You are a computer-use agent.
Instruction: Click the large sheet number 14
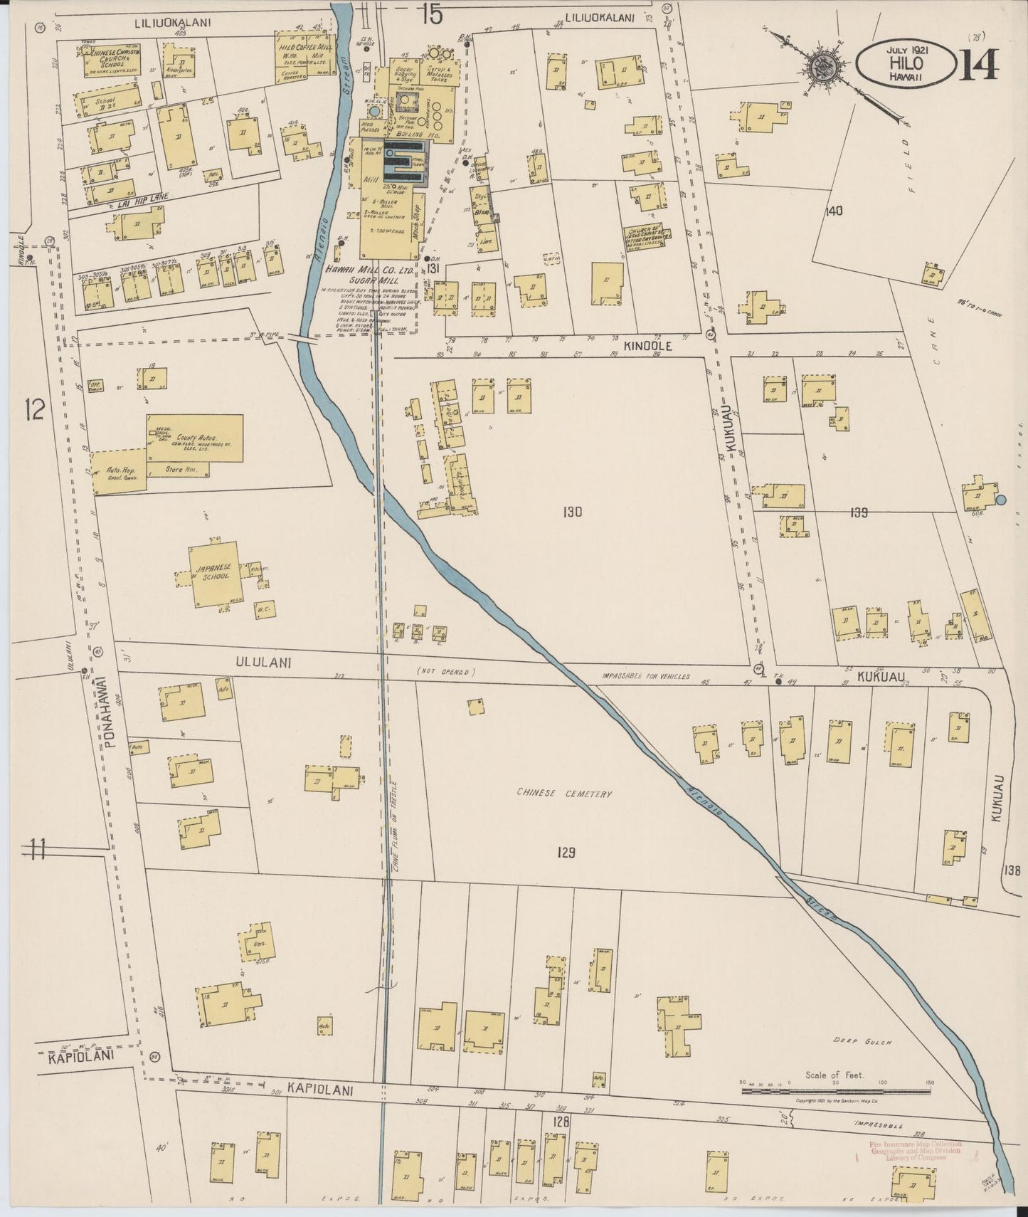click(x=980, y=64)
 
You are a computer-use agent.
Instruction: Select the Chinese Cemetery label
click(x=565, y=794)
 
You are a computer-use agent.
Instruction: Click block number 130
click(x=572, y=511)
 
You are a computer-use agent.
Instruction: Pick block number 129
click(x=566, y=853)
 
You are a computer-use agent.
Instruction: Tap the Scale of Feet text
click(x=834, y=1075)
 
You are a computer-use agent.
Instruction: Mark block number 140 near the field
click(x=834, y=211)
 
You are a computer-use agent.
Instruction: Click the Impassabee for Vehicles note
click(x=645, y=677)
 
